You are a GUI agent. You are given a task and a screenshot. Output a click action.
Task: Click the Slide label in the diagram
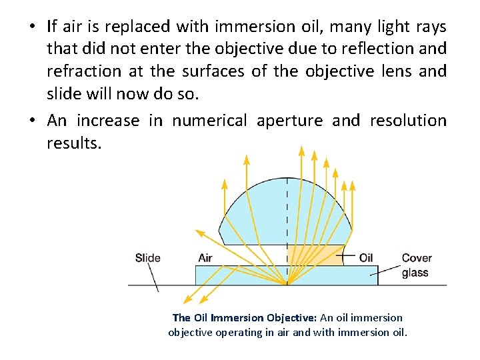tap(147, 258)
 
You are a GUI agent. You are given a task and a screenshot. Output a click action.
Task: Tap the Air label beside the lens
tap(206, 258)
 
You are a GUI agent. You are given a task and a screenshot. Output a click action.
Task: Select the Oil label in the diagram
tap(366, 258)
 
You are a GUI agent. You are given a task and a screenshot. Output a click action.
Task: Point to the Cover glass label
tap(417, 265)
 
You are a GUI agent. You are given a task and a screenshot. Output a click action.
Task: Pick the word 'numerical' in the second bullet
tap(209, 121)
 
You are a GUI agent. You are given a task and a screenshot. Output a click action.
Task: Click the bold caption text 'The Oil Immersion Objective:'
tap(245, 318)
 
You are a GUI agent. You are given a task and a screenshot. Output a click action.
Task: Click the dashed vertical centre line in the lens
tap(287, 213)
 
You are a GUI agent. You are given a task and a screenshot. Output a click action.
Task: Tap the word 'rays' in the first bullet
tap(430, 27)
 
